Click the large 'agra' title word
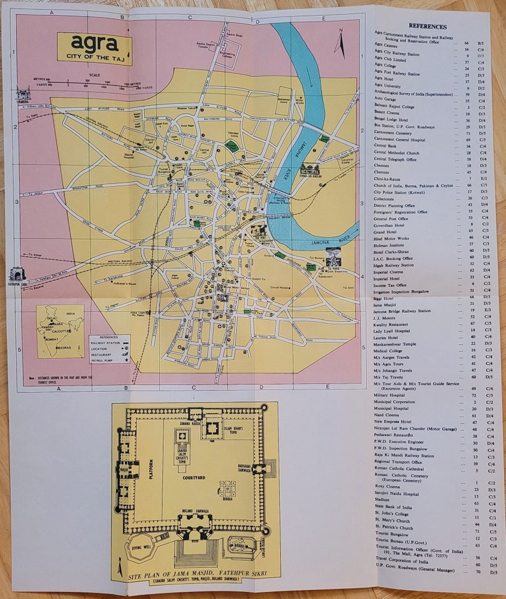pos(94,43)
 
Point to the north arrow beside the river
pos(340,43)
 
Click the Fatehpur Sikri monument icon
pos(17,275)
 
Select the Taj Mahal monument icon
pos(333,257)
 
